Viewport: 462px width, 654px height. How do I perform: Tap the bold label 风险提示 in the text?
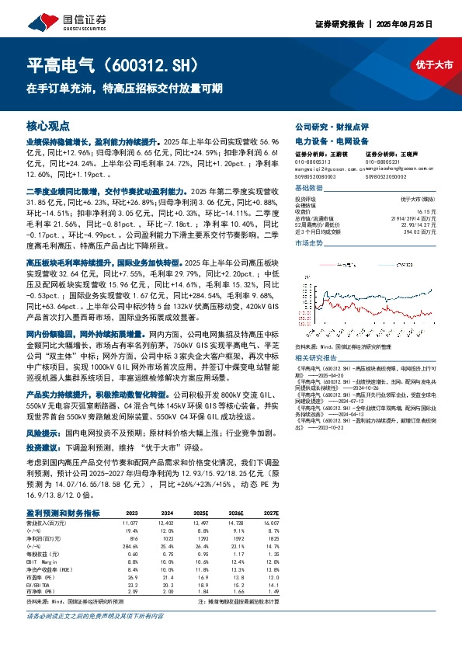pyautogui.click(x=43, y=430)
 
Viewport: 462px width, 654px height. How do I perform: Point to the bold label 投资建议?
pyautogui.click(x=43, y=448)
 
